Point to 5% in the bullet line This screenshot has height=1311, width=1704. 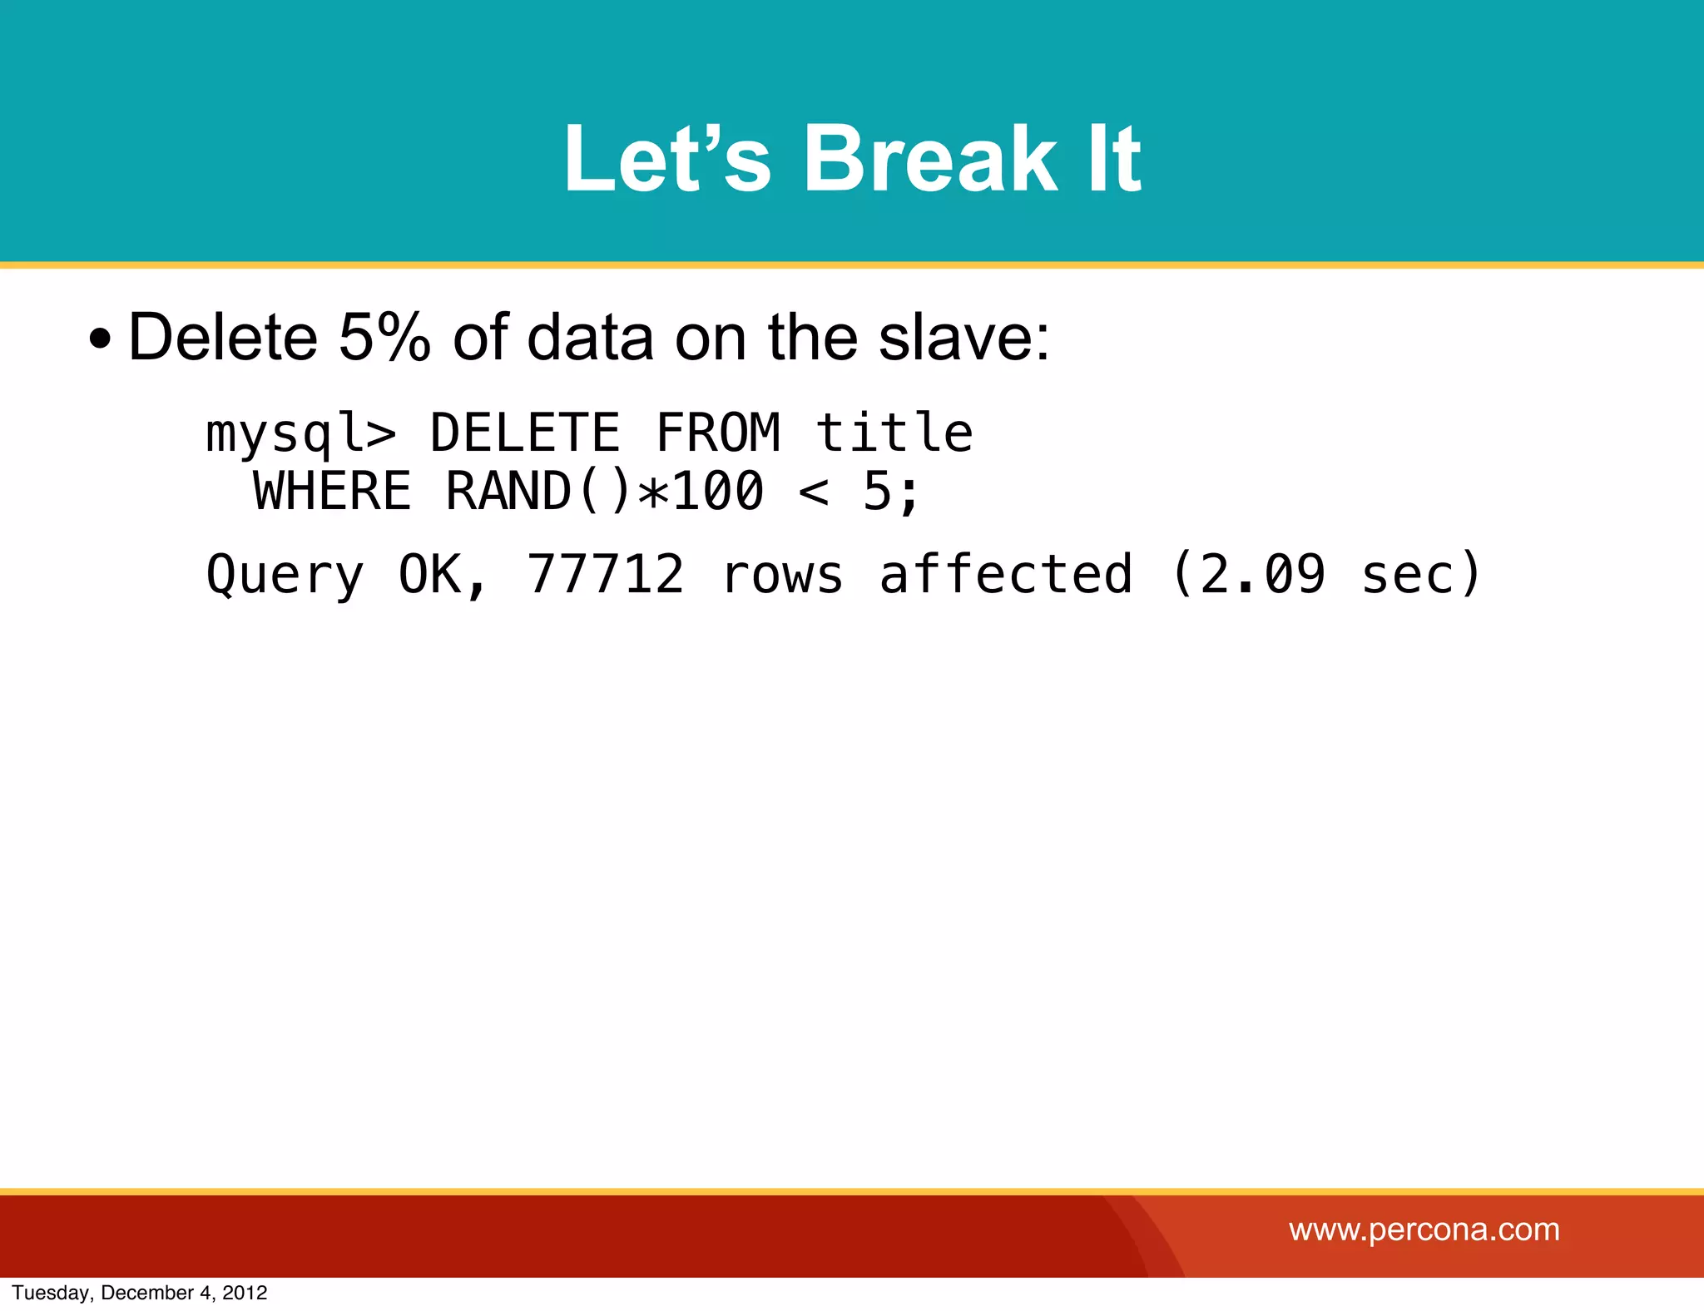pyautogui.click(x=384, y=337)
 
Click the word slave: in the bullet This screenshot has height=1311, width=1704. pyautogui.click(x=965, y=337)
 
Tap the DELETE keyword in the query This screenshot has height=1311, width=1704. pyautogui.click(x=525, y=433)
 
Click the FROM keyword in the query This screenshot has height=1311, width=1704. pyautogui.click(x=718, y=433)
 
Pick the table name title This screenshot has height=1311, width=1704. pyautogui.click(x=894, y=433)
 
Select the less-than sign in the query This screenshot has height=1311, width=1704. pyautogui.click(x=813, y=491)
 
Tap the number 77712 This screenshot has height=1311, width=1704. pyautogui.click(x=606, y=574)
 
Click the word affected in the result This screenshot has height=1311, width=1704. pyautogui.click(x=1006, y=574)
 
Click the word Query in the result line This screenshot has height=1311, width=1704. pyautogui.click(x=285, y=574)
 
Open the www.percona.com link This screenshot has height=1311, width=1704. pyautogui.click(x=1424, y=1229)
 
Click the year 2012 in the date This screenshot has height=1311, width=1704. pyautogui.click(x=245, y=1293)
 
